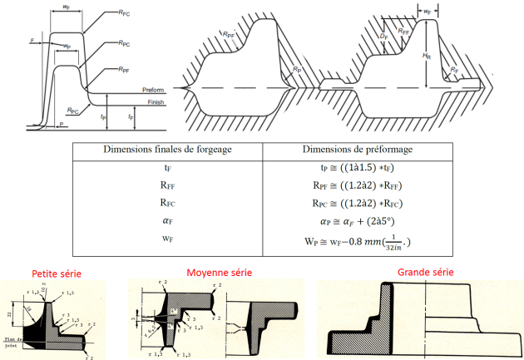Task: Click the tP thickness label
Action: (103, 117)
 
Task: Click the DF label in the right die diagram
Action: (384, 37)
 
